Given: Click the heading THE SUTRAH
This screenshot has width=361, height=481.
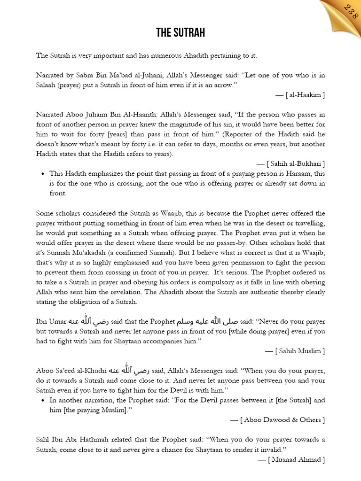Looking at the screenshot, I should (x=180, y=33).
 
